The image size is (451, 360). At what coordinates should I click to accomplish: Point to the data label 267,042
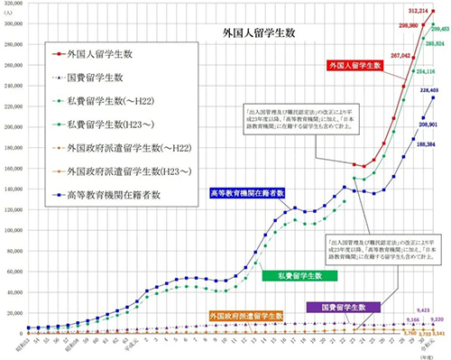point(374,55)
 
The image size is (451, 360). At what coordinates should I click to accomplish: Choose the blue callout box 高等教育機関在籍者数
point(247,192)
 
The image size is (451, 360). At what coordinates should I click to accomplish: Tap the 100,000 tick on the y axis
point(13,229)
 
